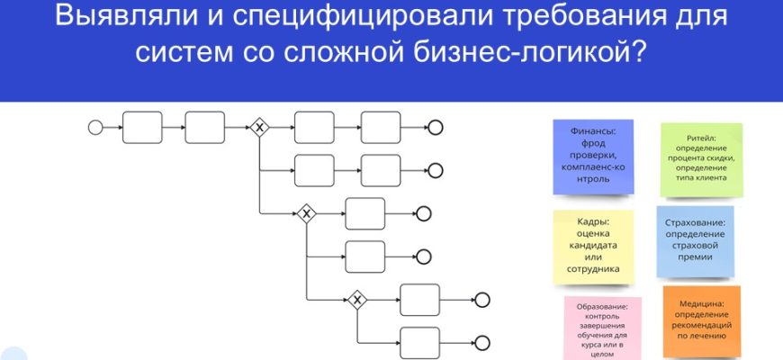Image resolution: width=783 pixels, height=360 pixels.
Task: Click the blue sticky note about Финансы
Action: (x=591, y=157)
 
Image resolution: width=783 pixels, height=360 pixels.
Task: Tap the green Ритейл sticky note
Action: (x=701, y=159)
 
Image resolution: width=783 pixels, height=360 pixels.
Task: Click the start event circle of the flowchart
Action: (x=95, y=128)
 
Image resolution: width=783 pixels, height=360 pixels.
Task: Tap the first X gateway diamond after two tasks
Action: (x=259, y=128)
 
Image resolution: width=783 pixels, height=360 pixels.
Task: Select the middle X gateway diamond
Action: (x=306, y=213)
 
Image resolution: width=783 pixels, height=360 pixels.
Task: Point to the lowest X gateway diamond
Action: (x=358, y=300)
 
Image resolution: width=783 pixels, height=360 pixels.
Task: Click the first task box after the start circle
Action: (x=141, y=128)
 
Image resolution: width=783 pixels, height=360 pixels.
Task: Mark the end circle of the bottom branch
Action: (x=482, y=343)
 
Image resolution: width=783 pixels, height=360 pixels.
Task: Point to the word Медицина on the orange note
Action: (x=701, y=305)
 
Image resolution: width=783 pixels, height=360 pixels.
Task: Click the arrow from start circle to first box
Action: (x=112, y=128)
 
